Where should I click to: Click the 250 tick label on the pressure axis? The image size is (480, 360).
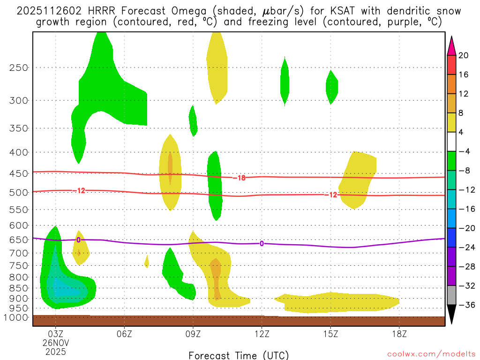coord(19,67)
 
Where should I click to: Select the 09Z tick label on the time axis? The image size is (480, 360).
coord(193,334)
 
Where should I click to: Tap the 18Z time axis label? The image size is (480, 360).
coord(399,334)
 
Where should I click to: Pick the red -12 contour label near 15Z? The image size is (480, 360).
coord(331,195)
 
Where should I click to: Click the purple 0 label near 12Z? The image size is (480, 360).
coord(262,243)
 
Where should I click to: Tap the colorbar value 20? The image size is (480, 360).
coord(464,55)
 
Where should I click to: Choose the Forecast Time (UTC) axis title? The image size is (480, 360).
coord(239,355)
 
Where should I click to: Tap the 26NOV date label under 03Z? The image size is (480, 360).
coord(56,343)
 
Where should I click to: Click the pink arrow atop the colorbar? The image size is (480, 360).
coord(451,45)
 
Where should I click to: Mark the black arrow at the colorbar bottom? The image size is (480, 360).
coord(451,314)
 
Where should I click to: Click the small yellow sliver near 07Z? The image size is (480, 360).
coord(147,261)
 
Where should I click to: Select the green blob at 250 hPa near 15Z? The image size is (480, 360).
coord(332,87)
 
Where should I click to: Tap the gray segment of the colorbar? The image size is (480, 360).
coord(451,295)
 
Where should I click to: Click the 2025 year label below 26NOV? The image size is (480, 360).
coord(56,351)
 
